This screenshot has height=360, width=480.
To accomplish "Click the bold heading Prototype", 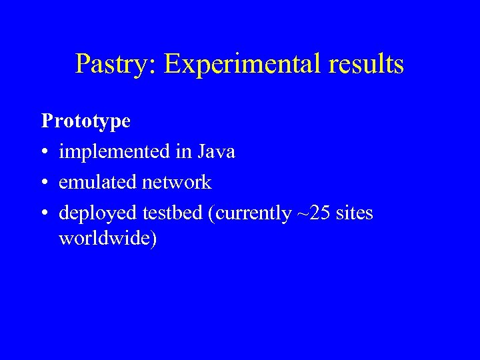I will (x=86, y=121).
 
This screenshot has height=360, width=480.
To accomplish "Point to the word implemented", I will (x=114, y=152).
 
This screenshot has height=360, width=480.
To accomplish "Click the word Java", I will (x=216, y=151).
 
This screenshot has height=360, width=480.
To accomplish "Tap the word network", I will (x=176, y=182).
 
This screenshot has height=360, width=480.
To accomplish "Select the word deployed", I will (x=98, y=213).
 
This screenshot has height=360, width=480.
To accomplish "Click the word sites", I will (x=355, y=213).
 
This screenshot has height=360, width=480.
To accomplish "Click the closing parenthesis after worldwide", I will (x=154, y=239).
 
